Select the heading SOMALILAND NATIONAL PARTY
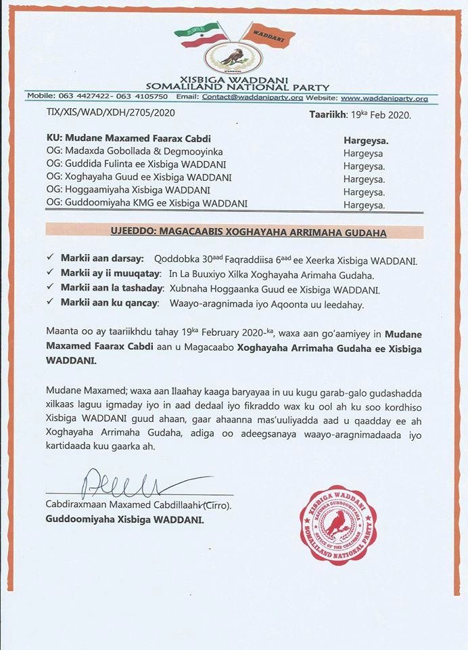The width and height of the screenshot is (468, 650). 239,87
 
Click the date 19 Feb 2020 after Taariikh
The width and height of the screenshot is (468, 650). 375,114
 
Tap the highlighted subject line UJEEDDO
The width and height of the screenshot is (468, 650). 235,233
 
